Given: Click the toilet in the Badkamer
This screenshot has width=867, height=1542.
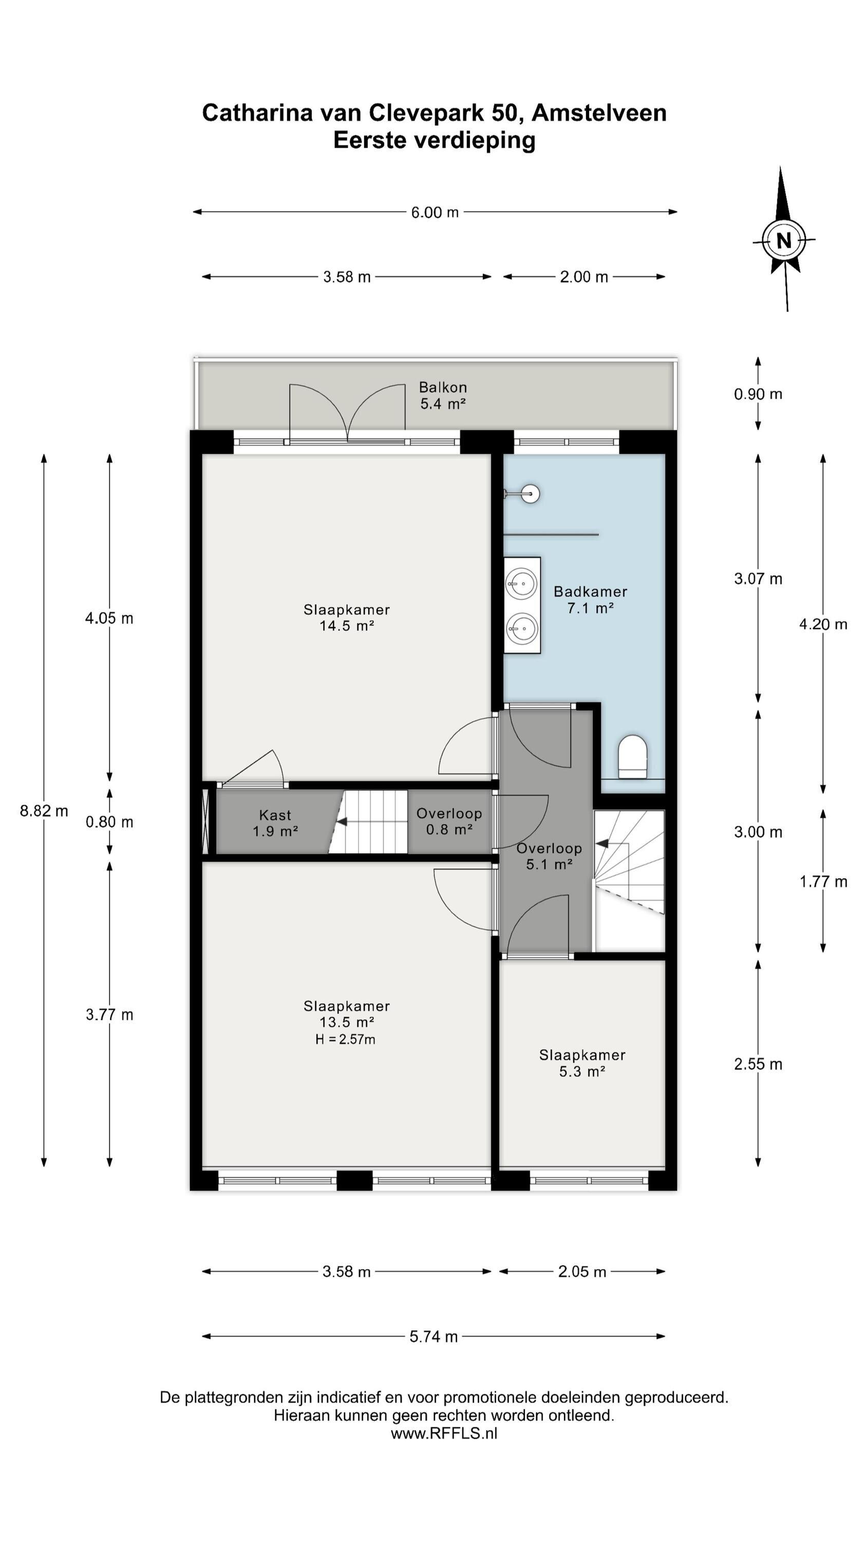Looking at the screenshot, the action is click(x=632, y=757).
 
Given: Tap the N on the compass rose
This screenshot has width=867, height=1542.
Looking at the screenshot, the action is click(x=783, y=241).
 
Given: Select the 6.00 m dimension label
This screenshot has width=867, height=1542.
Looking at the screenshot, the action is click(x=435, y=212).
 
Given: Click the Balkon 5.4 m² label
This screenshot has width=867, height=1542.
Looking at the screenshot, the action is click(x=443, y=395).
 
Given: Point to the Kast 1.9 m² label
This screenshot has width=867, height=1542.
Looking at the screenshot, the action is click(x=275, y=822).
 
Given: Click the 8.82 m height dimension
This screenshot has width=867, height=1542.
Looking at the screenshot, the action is click(x=44, y=811).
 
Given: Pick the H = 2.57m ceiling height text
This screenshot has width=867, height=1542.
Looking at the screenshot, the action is click(x=345, y=1040).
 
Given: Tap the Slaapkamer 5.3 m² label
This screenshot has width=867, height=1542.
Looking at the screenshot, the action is click(x=582, y=1063).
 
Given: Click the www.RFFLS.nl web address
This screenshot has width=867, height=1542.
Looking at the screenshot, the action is click(x=444, y=1433).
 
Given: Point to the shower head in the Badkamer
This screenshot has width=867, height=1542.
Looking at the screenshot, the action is click(x=530, y=494).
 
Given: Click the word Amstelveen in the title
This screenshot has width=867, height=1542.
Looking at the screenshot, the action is click(x=599, y=113).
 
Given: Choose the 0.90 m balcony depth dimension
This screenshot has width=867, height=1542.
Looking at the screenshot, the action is click(x=758, y=394).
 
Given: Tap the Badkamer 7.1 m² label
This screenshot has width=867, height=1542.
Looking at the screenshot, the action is click(x=590, y=600).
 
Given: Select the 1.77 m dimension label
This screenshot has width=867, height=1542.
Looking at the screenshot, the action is click(x=823, y=882).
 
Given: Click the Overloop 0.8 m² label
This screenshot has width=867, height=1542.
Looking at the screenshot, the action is click(x=449, y=821).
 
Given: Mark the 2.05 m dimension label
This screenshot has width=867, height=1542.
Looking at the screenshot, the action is click(x=582, y=1272).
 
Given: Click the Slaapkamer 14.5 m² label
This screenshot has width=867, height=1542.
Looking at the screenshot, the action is click(x=347, y=618).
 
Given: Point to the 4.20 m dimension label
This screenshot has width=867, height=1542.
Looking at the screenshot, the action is click(x=823, y=625).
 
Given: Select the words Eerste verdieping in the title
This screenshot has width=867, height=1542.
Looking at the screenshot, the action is click(x=434, y=141).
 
